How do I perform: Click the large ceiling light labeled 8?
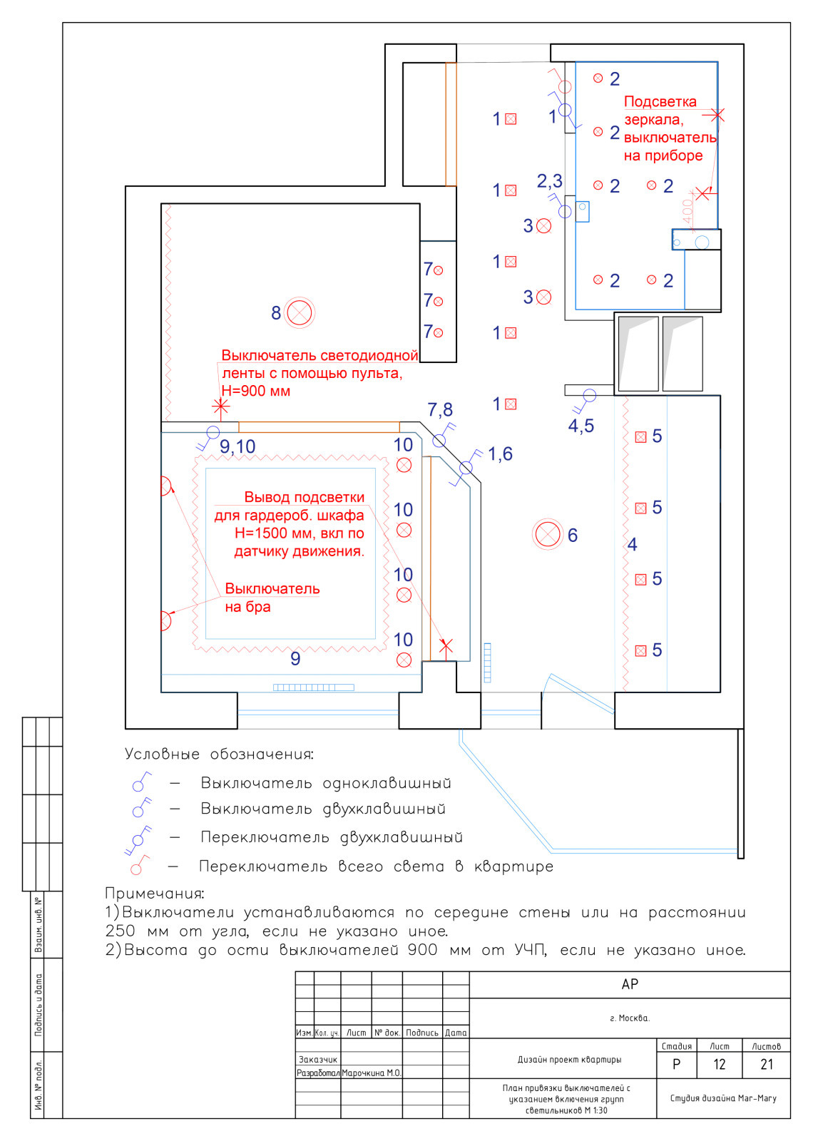[300, 312]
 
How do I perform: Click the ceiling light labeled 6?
[548, 534]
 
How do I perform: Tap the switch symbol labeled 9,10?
[213, 432]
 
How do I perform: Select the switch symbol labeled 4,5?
[589, 395]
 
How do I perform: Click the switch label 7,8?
[440, 409]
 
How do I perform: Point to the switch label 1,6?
[500, 454]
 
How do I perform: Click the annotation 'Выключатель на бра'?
[272, 598]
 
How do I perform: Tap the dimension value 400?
[687, 211]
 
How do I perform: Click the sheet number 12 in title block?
[720, 1065]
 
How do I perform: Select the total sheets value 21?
[767, 1065]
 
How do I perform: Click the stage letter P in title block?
[676, 1065]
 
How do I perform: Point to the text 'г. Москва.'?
[630, 1018]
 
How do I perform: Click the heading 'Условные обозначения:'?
[219, 754]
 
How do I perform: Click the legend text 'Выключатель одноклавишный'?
[326, 783]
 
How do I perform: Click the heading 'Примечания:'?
[155, 893]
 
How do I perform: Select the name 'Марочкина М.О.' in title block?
[372, 1073]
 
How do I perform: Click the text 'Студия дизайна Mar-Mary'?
[722, 1098]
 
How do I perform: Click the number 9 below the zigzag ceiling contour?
[295, 658]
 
